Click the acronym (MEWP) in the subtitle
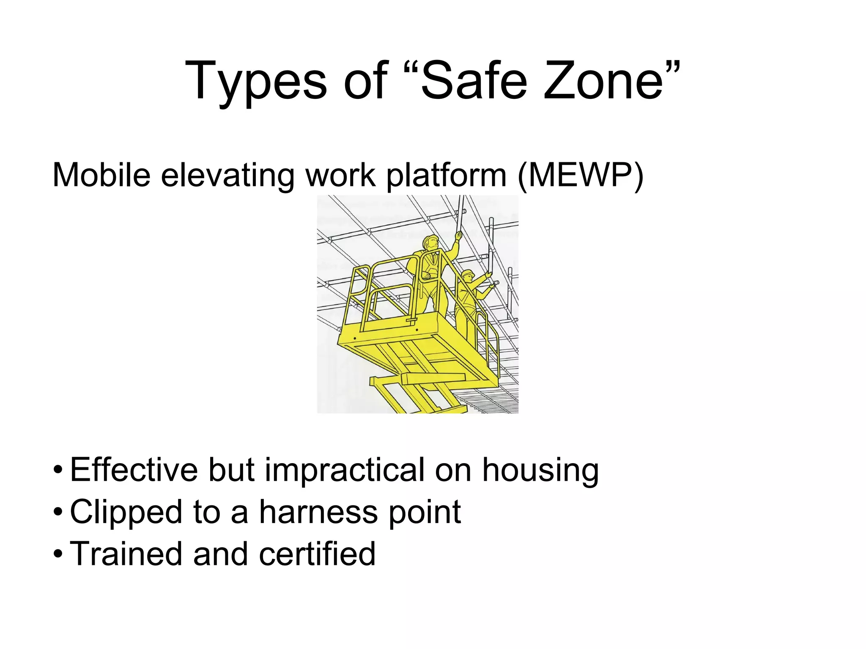580,175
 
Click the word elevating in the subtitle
227,175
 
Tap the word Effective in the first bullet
134,470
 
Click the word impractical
345,470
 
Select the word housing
540,470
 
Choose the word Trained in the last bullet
125,554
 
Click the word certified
317,554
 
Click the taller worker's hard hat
431,239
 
